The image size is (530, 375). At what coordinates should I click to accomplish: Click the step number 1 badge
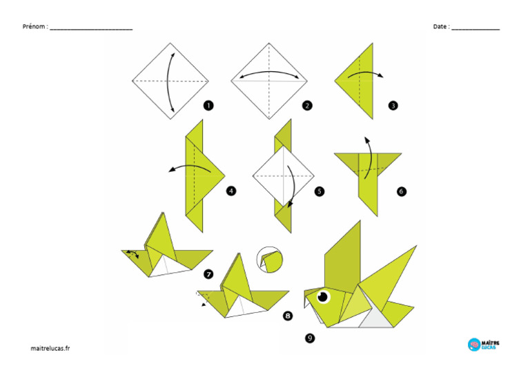pyautogui.click(x=208, y=106)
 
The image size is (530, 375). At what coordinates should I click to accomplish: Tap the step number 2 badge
pyautogui.click(x=307, y=106)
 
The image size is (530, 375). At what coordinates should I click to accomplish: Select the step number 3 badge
pyautogui.click(x=393, y=106)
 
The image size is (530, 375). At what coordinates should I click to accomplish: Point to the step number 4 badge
pyautogui.click(x=231, y=191)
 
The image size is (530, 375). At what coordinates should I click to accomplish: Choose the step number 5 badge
pyautogui.click(x=319, y=191)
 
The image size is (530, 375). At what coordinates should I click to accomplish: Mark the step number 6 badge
pyautogui.click(x=402, y=191)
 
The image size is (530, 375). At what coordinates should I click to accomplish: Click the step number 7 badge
pyautogui.click(x=208, y=274)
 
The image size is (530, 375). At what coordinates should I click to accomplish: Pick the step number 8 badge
pyautogui.click(x=288, y=316)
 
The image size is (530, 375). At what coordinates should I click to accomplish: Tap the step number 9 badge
pyautogui.click(x=309, y=338)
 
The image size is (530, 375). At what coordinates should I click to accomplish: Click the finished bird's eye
pyautogui.click(x=322, y=297)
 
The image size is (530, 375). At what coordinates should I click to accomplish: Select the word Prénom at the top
pyautogui.click(x=35, y=27)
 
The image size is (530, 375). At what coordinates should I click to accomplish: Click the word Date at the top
pyautogui.click(x=440, y=27)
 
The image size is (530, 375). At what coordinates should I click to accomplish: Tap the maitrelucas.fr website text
pyautogui.click(x=50, y=348)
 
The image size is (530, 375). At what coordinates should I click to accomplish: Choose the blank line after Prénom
pyautogui.click(x=91, y=29)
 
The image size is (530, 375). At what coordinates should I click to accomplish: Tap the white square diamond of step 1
pyautogui.click(x=170, y=81)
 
